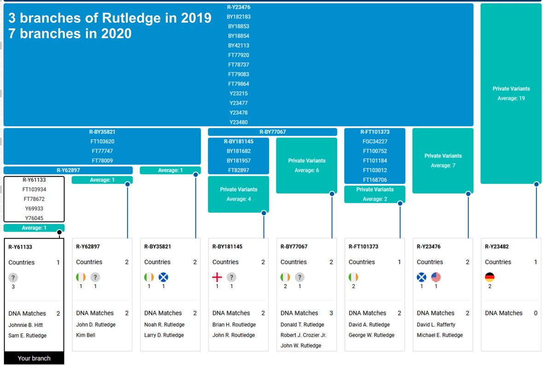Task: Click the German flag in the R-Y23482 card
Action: point(490,277)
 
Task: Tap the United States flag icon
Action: point(436,277)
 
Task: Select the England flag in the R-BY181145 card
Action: point(217,277)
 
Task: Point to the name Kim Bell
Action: point(86,335)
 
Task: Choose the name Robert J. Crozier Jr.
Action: point(303,335)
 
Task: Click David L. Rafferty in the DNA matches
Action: point(436,325)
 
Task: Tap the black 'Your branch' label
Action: point(34,358)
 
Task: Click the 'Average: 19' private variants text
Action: point(511,98)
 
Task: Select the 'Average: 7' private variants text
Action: point(443,166)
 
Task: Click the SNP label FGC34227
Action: point(375,142)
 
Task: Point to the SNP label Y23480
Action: point(238,122)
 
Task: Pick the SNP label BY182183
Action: point(238,17)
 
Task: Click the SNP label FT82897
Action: point(238,170)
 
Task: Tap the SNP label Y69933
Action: point(34,209)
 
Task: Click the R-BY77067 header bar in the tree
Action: point(272,132)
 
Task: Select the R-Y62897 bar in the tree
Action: point(68,170)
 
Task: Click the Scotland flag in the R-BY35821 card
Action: point(163,277)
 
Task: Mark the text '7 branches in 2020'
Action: point(70,34)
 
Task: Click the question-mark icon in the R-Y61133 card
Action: point(13,277)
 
